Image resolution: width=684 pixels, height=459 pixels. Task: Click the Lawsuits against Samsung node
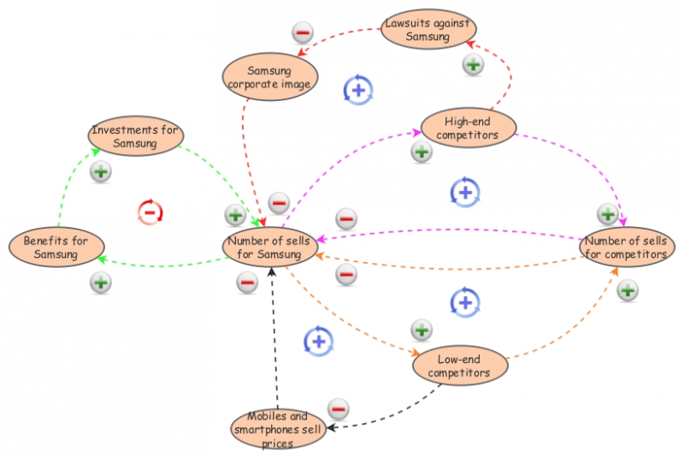(428, 30)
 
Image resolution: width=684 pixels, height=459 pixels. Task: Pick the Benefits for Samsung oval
(56, 247)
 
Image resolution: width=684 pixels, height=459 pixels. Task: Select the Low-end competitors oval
(460, 366)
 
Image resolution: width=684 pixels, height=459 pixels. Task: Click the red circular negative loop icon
(150, 211)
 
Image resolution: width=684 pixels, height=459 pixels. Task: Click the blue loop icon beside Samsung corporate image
(358, 89)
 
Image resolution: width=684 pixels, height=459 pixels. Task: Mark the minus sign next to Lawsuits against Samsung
(303, 33)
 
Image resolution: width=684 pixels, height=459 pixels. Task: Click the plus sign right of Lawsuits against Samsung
(473, 63)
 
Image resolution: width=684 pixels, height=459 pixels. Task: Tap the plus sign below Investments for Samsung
(101, 171)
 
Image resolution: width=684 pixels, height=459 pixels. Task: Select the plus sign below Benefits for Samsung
(101, 281)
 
